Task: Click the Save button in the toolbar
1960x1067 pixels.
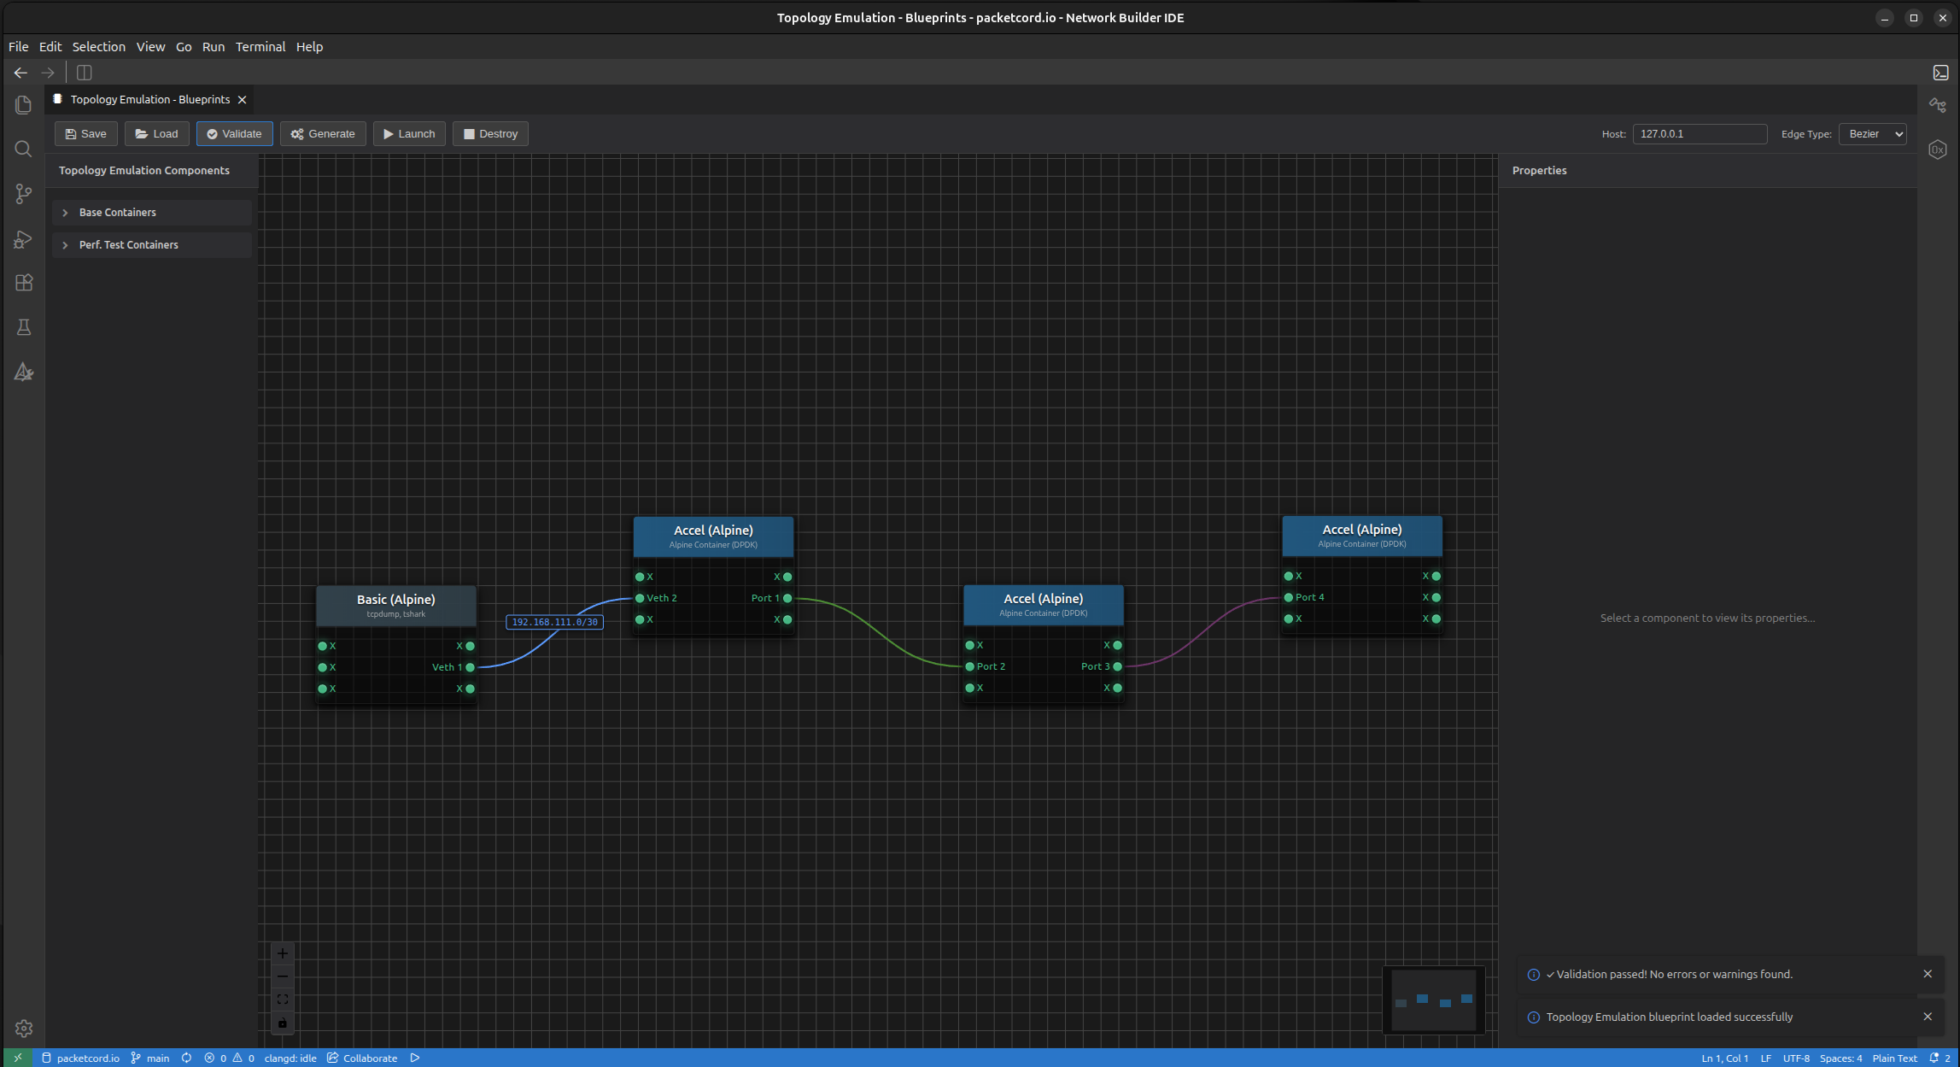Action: [86, 134]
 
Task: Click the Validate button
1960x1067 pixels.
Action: [235, 134]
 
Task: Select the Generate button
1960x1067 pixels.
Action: [323, 134]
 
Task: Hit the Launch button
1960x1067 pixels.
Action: [409, 134]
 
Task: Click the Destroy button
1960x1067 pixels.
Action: [490, 134]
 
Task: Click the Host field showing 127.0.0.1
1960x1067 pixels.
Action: [1700, 134]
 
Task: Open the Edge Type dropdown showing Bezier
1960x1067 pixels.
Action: [1872, 134]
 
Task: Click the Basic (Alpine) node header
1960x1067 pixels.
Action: [396, 606]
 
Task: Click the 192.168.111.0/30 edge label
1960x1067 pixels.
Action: [555, 622]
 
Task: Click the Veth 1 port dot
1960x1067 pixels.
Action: [470, 667]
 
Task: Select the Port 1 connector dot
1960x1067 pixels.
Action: [787, 598]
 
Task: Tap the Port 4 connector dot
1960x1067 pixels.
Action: [1289, 597]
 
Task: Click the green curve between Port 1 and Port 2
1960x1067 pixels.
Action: [879, 632]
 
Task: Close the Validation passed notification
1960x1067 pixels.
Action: [1928, 974]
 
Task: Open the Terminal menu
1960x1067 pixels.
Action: [260, 47]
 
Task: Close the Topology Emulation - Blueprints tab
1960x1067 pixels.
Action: [243, 100]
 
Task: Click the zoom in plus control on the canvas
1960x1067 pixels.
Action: [283, 953]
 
